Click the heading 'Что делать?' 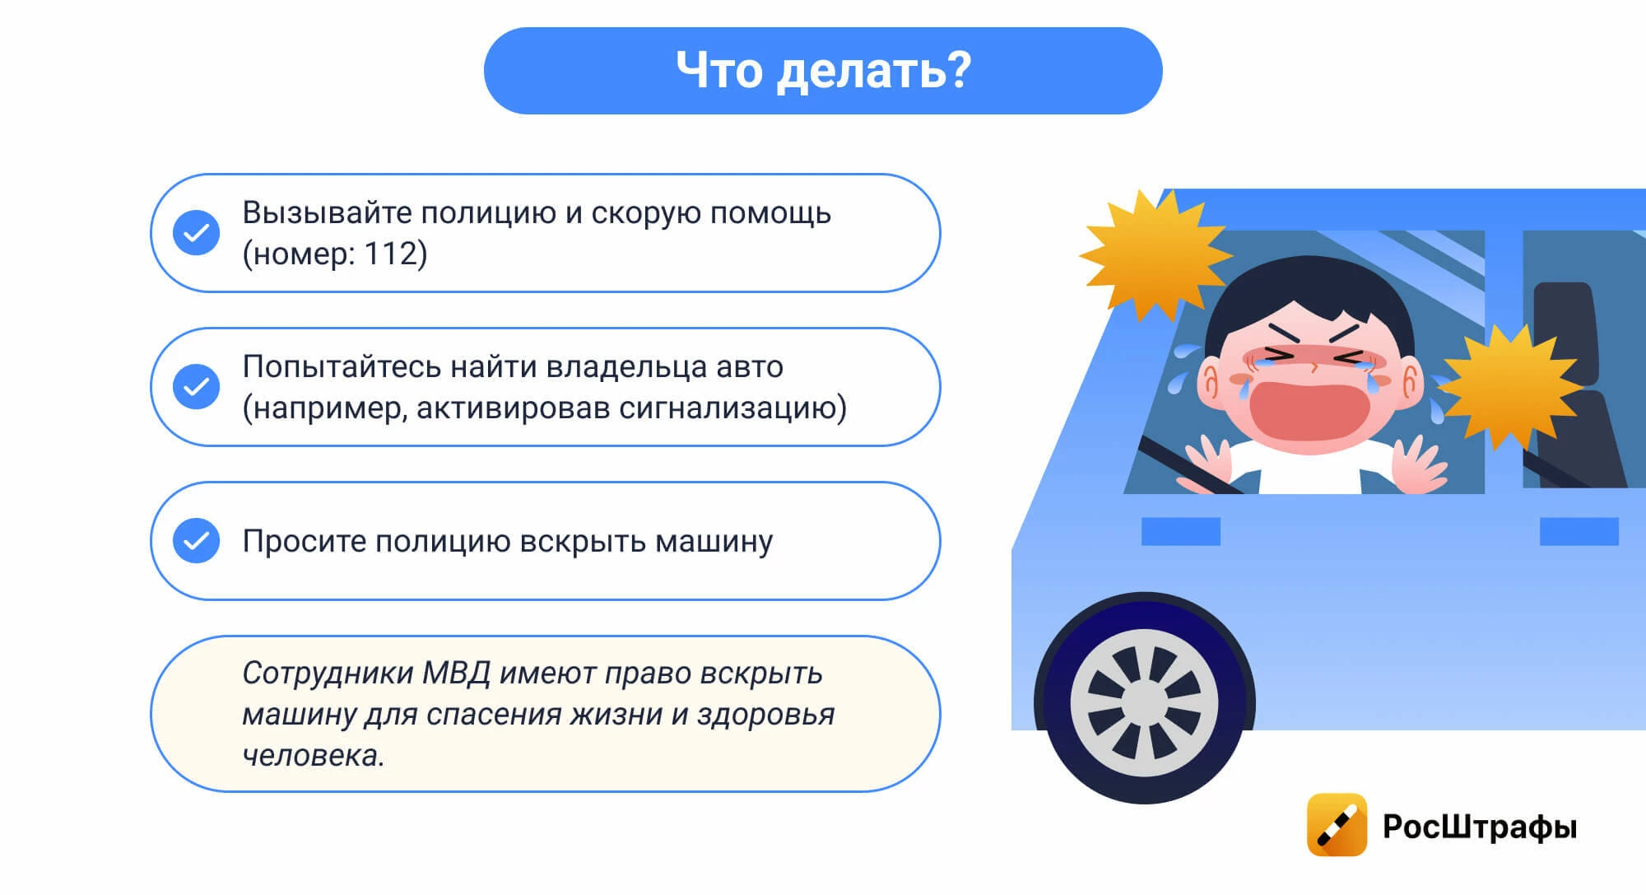tap(823, 70)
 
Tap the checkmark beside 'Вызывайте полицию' tap(196, 233)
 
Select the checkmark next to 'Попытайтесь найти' tap(196, 387)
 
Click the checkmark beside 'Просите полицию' tap(196, 541)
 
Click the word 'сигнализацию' tap(728, 408)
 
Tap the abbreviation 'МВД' tap(456, 674)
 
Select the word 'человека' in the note tap(310, 756)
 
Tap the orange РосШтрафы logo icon tap(1337, 824)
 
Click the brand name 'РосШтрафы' tap(1479, 827)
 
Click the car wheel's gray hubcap tap(1144, 703)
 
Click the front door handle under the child tap(1180, 531)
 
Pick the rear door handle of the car tap(1579, 531)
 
